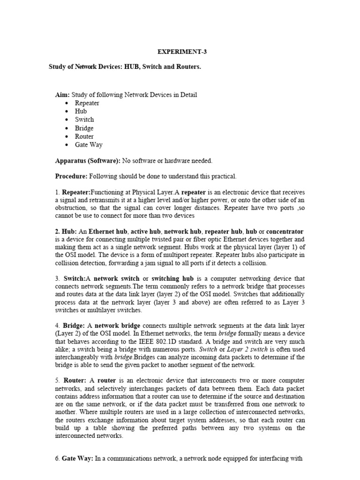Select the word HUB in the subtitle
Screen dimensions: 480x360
133,67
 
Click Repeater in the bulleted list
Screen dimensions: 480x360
87,103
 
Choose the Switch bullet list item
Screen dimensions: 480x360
84,120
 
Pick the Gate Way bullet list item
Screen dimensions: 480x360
89,145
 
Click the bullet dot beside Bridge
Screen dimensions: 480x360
68,128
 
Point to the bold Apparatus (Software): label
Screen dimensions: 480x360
88,161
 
